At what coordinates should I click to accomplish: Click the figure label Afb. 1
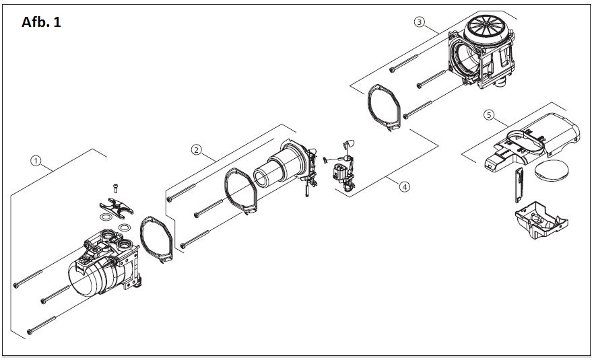(41, 22)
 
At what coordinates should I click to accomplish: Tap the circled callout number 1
(36, 161)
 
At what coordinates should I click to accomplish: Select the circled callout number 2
(196, 150)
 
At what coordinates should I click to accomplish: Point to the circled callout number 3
(419, 22)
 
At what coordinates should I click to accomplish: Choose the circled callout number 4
(405, 187)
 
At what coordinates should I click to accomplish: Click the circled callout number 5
(489, 114)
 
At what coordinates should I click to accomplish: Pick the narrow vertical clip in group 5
(519, 185)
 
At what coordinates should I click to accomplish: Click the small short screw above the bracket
(115, 188)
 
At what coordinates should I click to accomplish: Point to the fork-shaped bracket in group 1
(117, 208)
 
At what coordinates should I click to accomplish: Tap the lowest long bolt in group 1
(42, 326)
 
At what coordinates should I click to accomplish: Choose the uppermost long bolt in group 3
(403, 63)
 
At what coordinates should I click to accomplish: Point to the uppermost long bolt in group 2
(181, 192)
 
